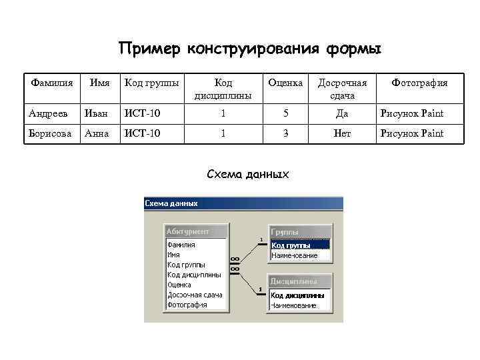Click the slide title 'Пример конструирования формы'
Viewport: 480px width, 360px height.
249,49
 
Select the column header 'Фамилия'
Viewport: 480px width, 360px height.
51,83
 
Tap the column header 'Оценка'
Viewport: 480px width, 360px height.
285,83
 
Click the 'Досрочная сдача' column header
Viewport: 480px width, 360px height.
342,89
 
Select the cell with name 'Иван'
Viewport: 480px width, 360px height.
95,113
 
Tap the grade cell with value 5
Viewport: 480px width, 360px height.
285,113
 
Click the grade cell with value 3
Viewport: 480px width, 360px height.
285,133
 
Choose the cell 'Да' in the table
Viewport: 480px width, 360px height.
342,113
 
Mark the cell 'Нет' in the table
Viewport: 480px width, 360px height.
342,133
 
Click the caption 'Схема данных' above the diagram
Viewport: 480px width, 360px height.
248,175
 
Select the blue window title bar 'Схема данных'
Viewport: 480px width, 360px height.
243,203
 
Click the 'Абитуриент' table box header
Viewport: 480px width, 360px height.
196,231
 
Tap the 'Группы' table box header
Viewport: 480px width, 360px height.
299,232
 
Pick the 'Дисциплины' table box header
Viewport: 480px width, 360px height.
299,281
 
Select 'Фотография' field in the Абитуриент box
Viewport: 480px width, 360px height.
187,305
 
